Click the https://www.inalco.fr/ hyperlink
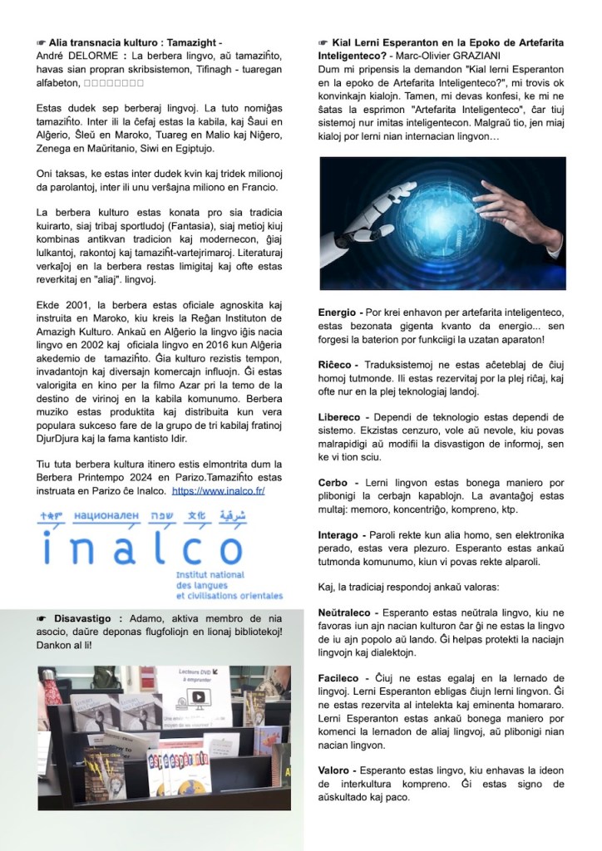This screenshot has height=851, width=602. [219, 491]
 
